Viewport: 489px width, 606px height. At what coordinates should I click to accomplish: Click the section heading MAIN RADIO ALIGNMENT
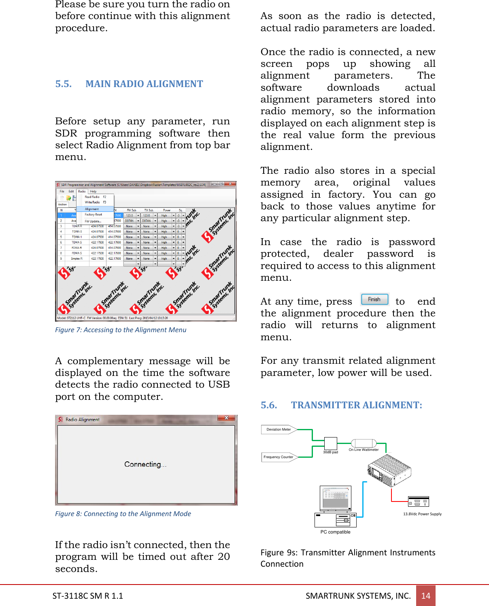point(144,84)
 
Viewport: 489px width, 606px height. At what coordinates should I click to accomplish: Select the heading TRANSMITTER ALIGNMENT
point(356,405)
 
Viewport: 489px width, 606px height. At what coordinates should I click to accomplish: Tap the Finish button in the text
point(374,299)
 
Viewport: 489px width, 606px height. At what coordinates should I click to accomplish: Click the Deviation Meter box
point(279,429)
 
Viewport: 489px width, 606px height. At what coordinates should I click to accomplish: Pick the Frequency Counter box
point(279,457)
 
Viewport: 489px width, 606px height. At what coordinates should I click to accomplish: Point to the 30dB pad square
point(330,444)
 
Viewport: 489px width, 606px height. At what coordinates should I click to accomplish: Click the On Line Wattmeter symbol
point(364,443)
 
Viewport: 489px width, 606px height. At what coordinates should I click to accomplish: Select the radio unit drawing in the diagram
point(389,470)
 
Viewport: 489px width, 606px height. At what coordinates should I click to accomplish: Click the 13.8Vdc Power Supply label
point(422,514)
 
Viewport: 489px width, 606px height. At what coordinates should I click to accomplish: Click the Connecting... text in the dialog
point(145,464)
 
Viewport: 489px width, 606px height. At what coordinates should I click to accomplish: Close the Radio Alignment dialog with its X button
point(227,418)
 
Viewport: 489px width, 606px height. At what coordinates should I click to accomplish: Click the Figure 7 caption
point(121,330)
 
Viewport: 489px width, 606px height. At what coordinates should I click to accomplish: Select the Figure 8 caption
point(123,514)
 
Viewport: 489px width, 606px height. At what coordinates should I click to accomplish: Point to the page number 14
point(426,595)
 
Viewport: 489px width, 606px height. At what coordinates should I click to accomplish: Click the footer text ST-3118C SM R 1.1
point(88,595)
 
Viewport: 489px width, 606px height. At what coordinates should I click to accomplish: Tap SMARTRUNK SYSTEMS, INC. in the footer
point(358,595)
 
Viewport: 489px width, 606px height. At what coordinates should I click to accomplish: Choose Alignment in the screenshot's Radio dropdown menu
point(92,209)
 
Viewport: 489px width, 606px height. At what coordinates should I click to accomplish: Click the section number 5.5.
point(64,84)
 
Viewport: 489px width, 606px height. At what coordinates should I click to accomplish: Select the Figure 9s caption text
point(348,558)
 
